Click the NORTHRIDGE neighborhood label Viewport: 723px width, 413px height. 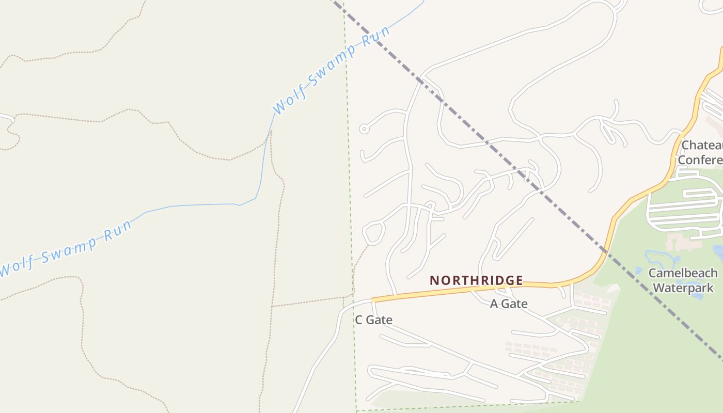pos(476,280)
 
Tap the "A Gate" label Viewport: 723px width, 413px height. pos(509,304)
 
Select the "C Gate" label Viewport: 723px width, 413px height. pos(373,320)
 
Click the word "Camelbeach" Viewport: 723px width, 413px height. pos(683,273)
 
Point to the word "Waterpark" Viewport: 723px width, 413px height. pos(683,288)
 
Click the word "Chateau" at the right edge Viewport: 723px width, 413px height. pos(702,145)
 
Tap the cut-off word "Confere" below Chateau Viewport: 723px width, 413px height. pos(700,160)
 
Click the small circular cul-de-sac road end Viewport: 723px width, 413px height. pos(364,129)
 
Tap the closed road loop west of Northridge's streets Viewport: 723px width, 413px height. pos(373,232)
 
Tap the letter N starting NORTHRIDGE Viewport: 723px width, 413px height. pos(434,280)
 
